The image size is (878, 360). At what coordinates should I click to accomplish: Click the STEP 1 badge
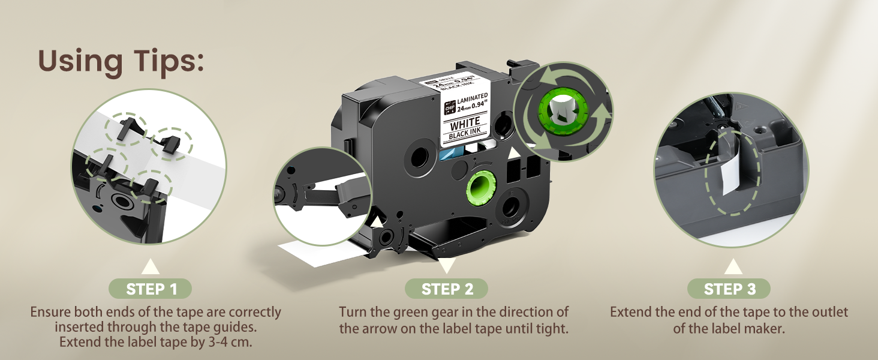coord(150,289)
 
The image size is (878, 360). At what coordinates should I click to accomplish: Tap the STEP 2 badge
coord(446,289)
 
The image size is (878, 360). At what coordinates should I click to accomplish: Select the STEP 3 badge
coord(729,289)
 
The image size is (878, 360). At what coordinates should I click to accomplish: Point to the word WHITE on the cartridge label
coord(465,125)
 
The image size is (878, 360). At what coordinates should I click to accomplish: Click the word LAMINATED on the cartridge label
coord(473,98)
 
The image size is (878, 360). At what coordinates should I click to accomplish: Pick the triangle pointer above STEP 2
coord(446,265)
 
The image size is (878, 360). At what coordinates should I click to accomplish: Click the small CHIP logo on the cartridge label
coord(450,107)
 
